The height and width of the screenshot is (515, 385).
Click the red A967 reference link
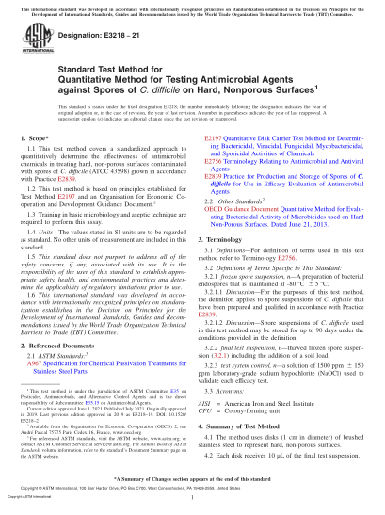click(x=37, y=339)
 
